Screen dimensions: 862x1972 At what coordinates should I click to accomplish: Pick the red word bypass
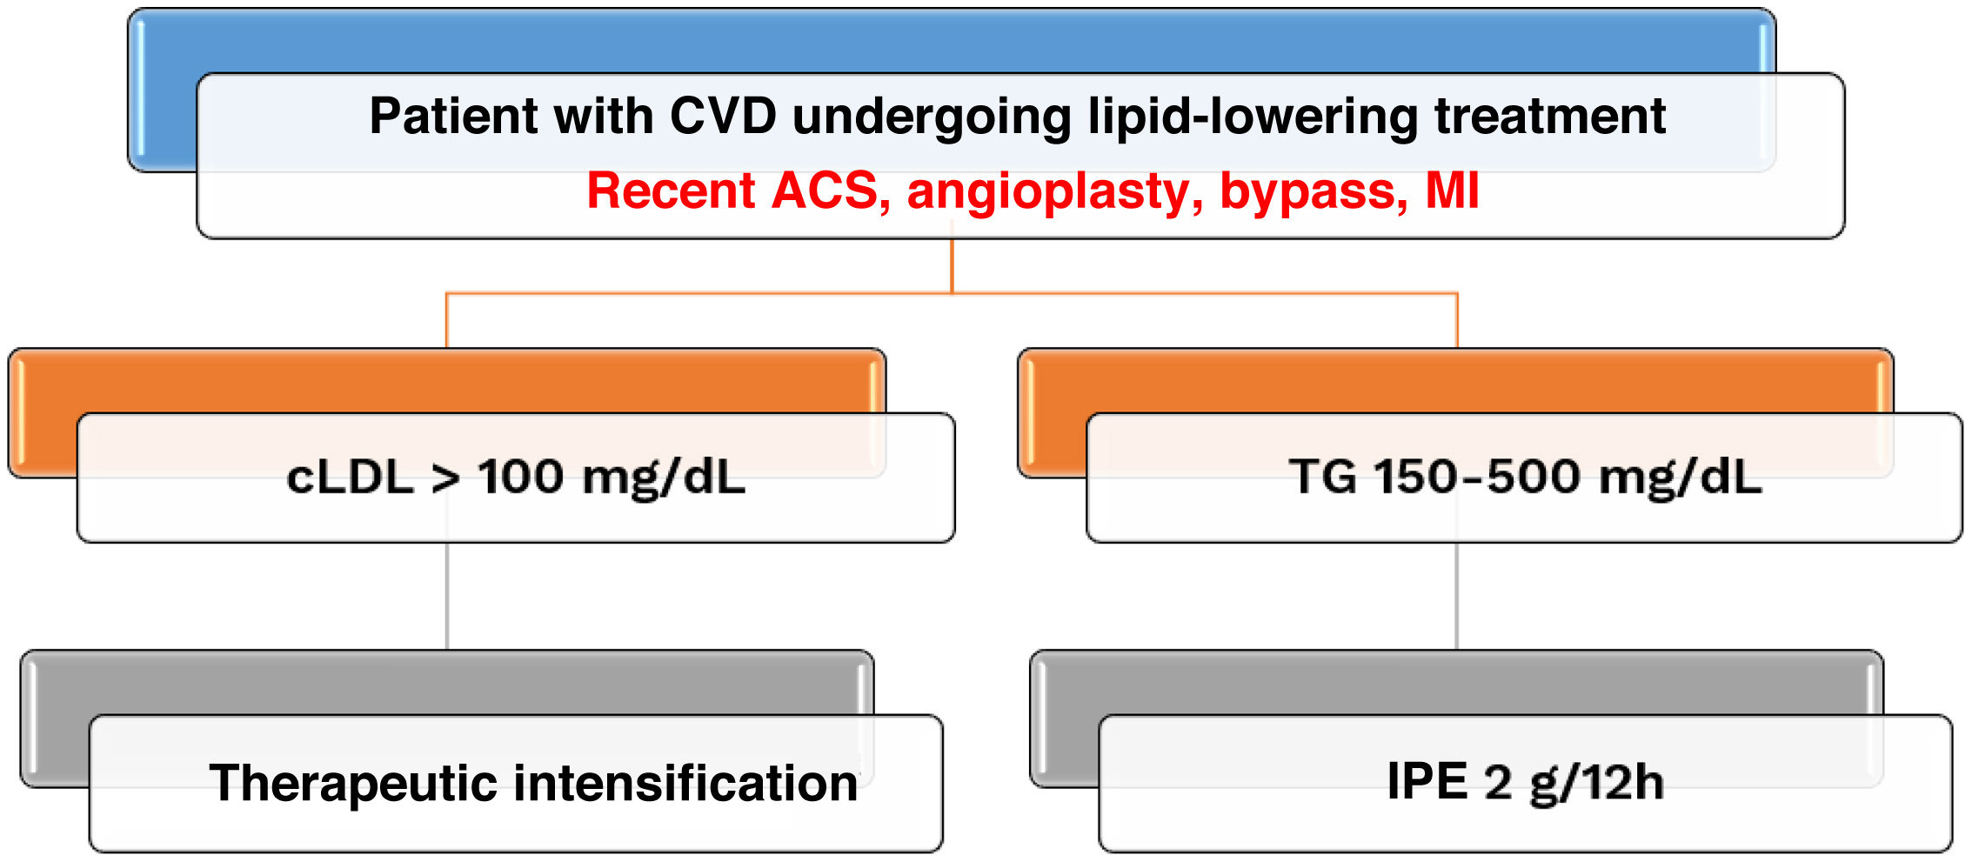point(1313,190)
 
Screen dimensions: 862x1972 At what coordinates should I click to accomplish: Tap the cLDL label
point(349,478)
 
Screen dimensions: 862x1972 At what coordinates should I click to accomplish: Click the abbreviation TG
point(1323,477)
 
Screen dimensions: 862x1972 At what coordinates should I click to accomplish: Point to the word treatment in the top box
point(1549,116)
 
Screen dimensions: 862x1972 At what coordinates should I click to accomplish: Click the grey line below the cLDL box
point(447,596)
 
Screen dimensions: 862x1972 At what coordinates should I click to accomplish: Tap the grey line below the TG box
point(1456,596)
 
